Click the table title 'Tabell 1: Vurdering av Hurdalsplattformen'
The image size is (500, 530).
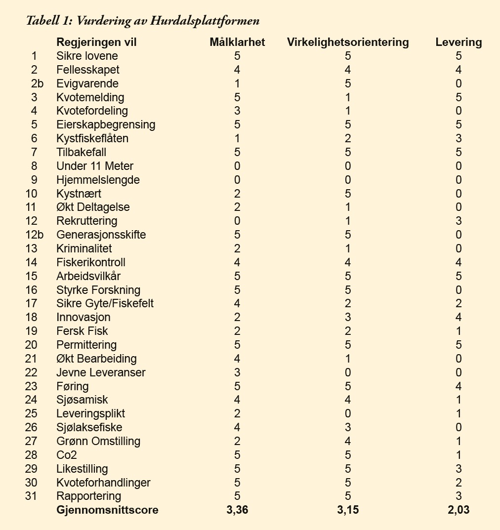coord(143,21)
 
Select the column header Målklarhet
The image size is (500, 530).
coord(237,42)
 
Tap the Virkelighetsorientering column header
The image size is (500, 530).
coord(348,42)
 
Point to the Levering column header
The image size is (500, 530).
coord(458,42)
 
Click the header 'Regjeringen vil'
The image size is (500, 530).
coord(96,42)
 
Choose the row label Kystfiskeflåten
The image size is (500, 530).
coord(92,138)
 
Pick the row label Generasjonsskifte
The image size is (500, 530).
coord(101,235)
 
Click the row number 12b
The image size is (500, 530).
coord(34,235)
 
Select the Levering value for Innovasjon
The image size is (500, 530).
coord(458,317)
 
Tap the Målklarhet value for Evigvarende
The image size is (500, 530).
coord(237,83)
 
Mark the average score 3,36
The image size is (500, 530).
coord(237,510)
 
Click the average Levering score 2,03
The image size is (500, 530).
coord(458,510)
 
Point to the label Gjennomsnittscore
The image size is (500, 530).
coord(107,510)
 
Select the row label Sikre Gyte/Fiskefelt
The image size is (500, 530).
coord(105,303)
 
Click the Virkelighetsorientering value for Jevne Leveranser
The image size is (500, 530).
coord(348,372)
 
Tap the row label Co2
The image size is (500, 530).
coord(67,455)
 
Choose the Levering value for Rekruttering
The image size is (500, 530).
coord(458,221)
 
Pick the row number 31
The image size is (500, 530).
coord(32,496)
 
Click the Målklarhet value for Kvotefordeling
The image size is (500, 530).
coord(237,111)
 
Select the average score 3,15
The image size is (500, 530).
coord(348,510)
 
